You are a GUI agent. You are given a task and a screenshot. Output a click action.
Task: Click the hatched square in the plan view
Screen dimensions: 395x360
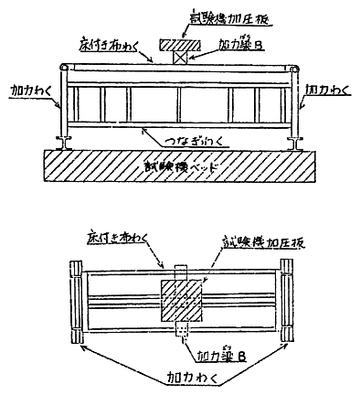185,301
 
